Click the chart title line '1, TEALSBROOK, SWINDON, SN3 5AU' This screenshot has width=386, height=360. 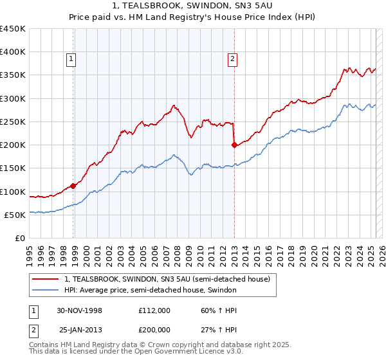pyautogui.click(x=193, y=6)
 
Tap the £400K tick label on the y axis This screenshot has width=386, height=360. pyautogui.click(x=13, y=52)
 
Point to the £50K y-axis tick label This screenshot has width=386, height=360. pyautogui.click(x=15, y=215)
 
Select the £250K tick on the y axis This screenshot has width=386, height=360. pyautogui.click(x=13, y=122)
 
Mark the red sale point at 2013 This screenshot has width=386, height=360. pyautogui.click(x=234, y=145)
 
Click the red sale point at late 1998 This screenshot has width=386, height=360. pyautogui.click(x=73, y=186)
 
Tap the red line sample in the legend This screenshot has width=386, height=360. pyautogui.click(x=47, y=279)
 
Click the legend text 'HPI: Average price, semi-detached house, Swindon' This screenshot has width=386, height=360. pyautogui.click(x=151, y=290)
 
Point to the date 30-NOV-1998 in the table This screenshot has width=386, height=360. pyautogui.click(x=80, y=310)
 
